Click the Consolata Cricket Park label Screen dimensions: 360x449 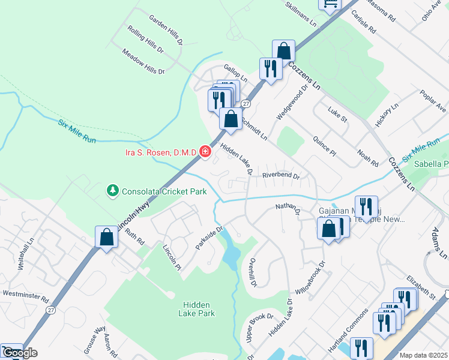click(x=164, y=192)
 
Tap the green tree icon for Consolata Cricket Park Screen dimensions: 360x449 click(x=112, y=191)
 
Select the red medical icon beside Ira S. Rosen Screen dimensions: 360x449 click(x=205, y=152)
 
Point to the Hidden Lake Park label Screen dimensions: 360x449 click(x=196, y=308)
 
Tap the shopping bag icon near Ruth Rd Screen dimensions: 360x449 click(x=106, y=237)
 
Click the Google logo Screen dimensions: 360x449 click(x=19, y=353)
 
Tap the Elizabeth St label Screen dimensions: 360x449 click(x=421, y=288)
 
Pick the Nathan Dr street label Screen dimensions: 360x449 click(x=287, y=208)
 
